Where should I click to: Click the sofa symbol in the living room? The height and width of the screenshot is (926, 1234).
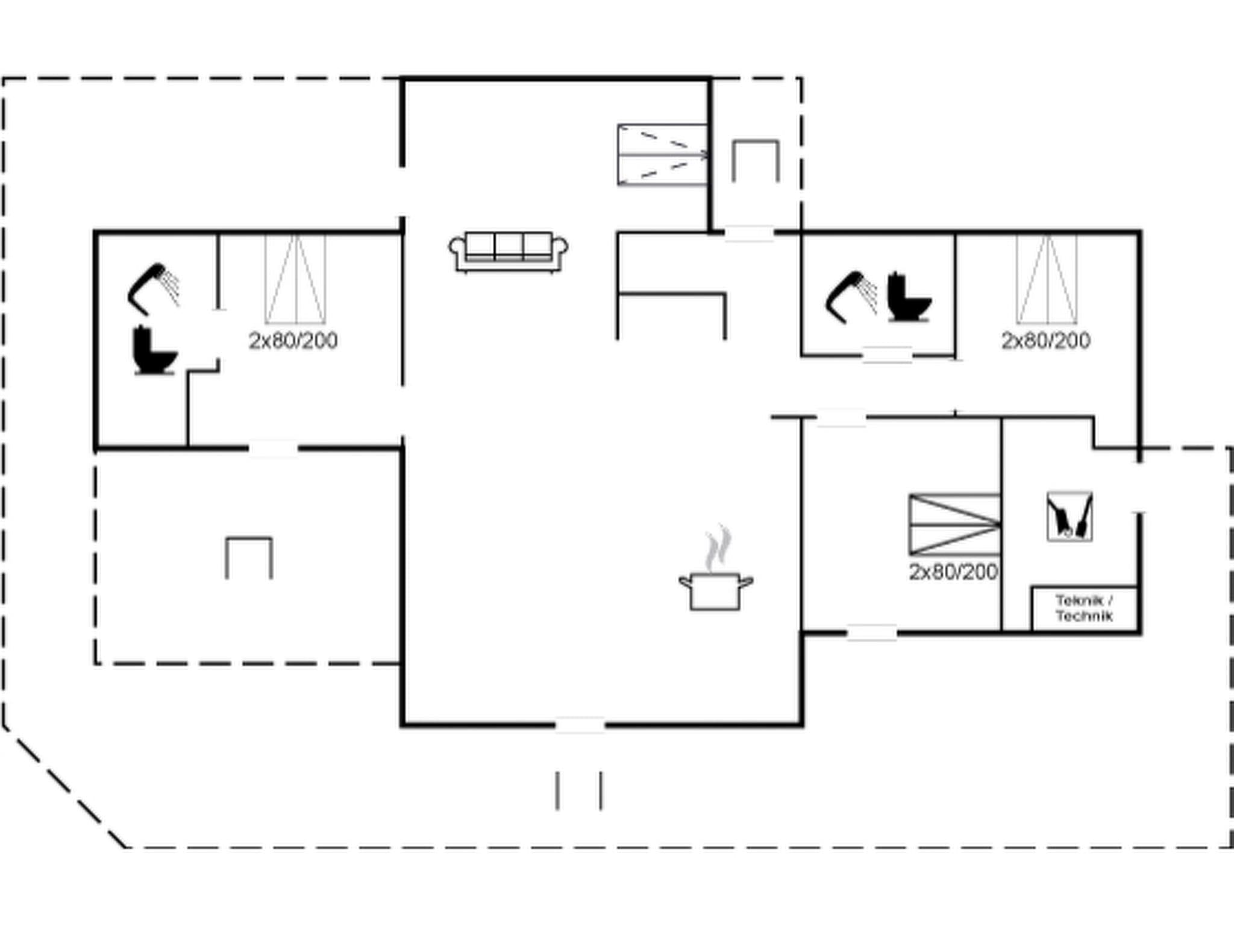click(x=508, y=251)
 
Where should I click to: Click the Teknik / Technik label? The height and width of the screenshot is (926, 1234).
click(x=1084, y=608)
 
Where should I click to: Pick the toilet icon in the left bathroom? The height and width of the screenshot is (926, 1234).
click(x=154, y=350)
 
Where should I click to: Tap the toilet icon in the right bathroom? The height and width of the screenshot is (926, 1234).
click(x=908, y=297)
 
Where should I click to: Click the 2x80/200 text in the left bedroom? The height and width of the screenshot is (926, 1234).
click(x=293, y=341)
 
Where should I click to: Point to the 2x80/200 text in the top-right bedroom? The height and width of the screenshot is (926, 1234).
click(x=1045, y=341)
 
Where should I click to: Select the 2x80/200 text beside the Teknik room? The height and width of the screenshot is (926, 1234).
click(x=953, y=572)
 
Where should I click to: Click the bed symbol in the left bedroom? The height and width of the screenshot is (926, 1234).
click(x=295, y=279)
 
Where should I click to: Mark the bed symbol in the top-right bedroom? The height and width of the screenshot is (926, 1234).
click(x=1047, y=279)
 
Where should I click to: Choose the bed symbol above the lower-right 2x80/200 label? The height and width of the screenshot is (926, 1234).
click(x=954, y=524)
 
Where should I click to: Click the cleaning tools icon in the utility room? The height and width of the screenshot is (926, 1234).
click(x=1070, y=517)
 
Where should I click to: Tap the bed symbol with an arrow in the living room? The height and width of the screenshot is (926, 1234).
click(x=662, y=155)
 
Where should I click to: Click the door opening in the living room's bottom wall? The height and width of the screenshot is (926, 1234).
click(x=580, y=725)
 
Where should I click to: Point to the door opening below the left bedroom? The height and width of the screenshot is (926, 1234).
click(x=273, y=449)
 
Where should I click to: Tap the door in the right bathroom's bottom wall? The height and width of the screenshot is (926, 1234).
click(x=887, y=356)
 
